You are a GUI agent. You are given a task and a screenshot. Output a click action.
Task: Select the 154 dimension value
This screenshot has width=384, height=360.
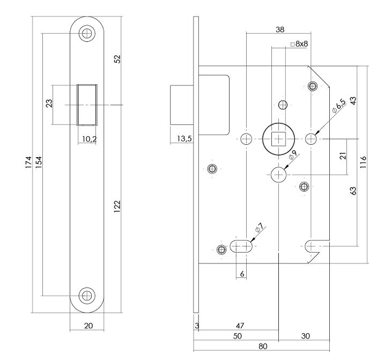pos(38,165)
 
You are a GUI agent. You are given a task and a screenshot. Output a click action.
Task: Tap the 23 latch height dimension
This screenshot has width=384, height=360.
pos(49,104)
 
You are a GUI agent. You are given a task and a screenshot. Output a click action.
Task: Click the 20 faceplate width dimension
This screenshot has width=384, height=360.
pos(89,325)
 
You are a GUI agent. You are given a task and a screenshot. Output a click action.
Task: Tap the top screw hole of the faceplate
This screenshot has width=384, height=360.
pos(86,33)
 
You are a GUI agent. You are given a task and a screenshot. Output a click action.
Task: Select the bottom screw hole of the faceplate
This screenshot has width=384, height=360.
pos(86,295)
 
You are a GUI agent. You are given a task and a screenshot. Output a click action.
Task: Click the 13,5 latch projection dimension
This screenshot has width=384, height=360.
pos(184,139)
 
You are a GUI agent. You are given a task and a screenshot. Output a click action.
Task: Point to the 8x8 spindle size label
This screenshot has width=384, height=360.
pos(301,44)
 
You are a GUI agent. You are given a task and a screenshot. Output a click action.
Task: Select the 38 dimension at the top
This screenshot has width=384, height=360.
pos(279,30)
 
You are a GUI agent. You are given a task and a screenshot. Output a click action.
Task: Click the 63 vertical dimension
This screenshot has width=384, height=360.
pos(353,190)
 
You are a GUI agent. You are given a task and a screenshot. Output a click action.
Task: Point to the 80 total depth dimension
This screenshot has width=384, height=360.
pos(262,346)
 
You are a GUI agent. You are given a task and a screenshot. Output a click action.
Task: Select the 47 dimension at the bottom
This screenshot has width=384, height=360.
pos(240,326)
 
